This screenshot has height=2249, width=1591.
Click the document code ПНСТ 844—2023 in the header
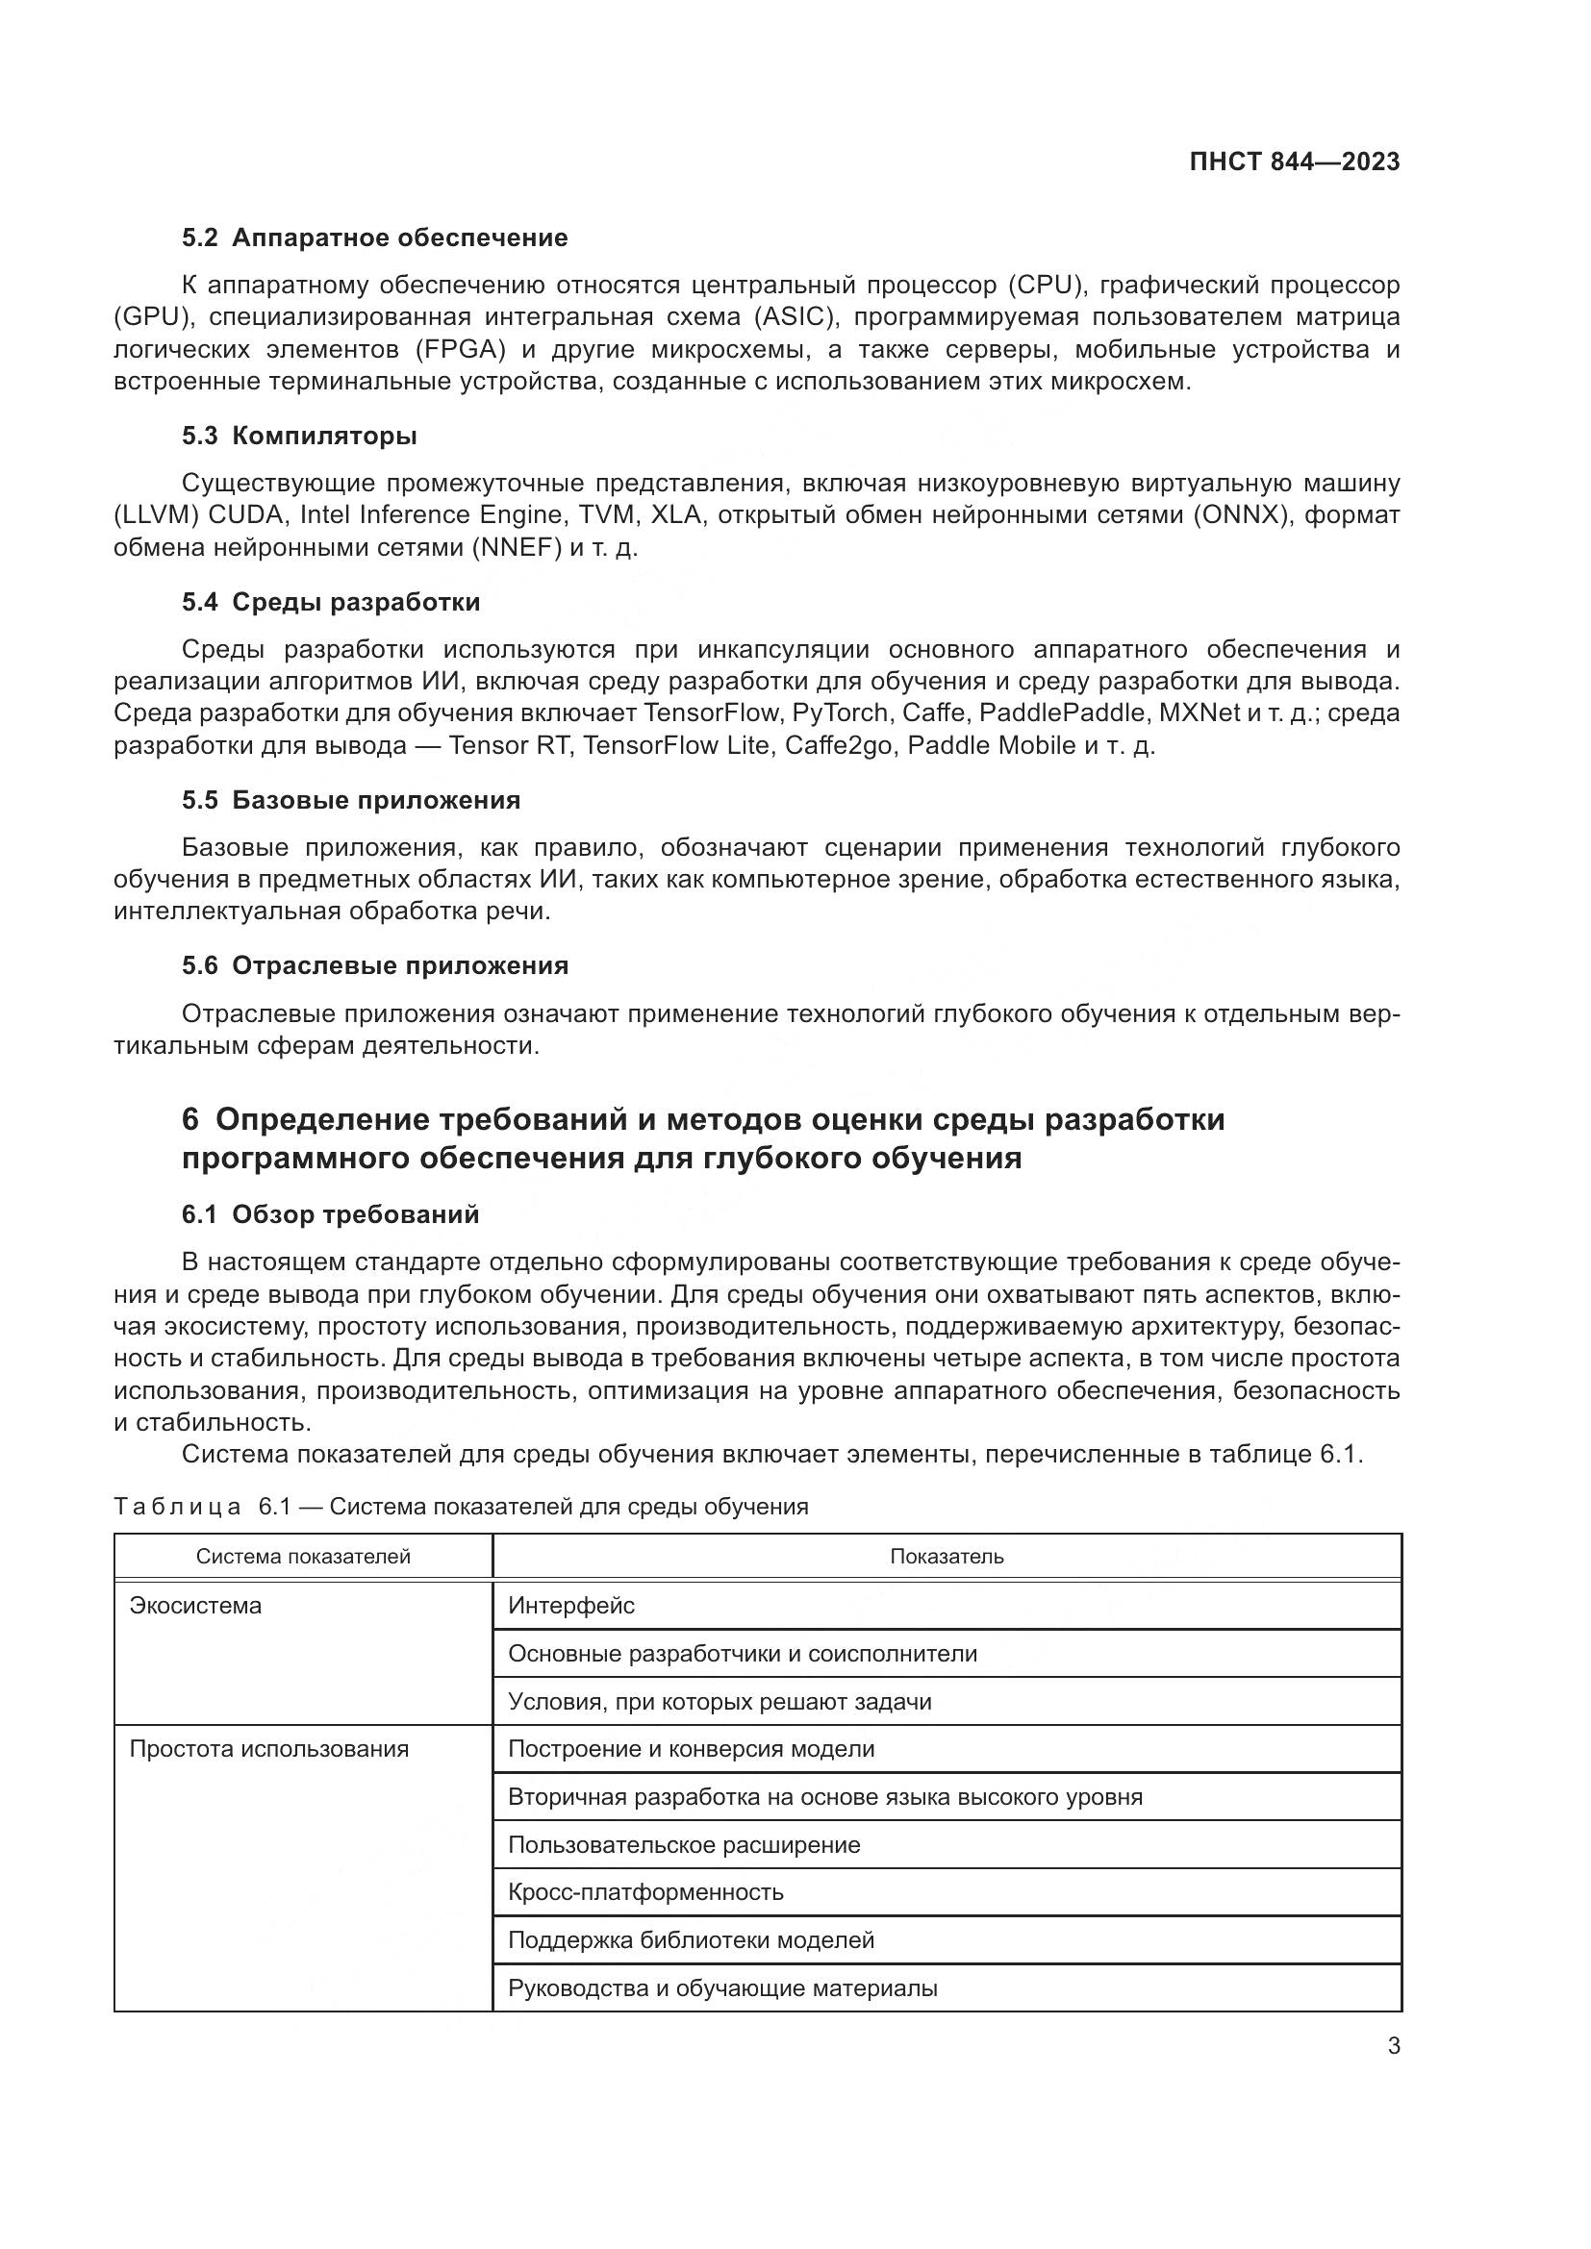point(1294,162)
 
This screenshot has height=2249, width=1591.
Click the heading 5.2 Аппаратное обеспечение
point(374,238)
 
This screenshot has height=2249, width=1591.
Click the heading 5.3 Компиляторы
point(299,436)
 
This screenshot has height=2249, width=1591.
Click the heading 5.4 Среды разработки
point(330,603)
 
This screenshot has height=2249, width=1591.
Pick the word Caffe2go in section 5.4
point(839,745)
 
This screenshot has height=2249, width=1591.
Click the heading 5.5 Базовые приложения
point(351,800)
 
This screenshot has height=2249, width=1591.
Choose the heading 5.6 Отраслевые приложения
point(374,965)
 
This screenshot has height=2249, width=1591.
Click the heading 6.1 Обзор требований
point(330,1214)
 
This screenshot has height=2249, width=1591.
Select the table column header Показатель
point(947,1557)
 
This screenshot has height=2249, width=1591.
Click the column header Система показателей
point(303,1557)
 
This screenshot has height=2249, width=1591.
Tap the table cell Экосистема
point(196,1606)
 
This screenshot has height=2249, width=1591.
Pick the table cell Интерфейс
point(571,1606)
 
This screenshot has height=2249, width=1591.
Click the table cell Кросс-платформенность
point(645,1891)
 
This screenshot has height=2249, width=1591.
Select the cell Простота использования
point(269,1748)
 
